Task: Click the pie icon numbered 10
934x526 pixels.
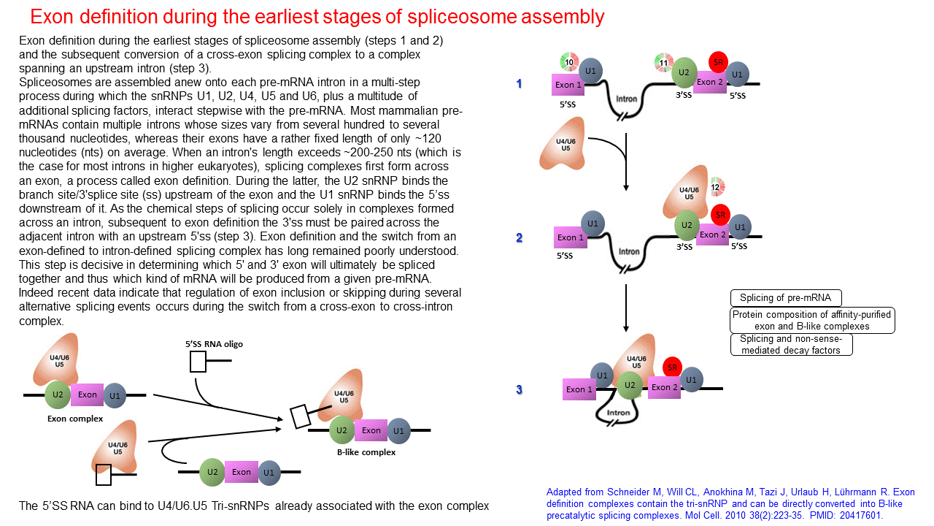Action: point(569,62)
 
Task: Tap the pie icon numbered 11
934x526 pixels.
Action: point(663,63)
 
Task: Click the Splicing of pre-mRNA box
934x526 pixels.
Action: point(785,298)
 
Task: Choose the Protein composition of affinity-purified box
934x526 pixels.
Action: point(812,321)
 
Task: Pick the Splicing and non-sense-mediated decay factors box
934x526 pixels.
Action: point(790,345)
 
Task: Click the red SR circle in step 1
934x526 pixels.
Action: point(718,63)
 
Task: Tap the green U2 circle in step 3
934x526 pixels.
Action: point(629,384)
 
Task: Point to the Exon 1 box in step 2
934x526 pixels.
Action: point(571,237)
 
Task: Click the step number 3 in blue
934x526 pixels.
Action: point(519,389)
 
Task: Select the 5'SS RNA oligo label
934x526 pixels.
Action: point(214,343)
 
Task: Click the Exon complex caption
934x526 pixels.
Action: point(75,419)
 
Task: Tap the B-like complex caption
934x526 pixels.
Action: point(366,452)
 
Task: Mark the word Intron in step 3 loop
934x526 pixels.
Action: point(618,413)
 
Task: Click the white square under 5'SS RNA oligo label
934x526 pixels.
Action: point(198,362)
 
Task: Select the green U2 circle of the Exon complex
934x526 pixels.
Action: point(58,395)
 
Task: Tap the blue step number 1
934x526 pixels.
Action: point(519,84)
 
